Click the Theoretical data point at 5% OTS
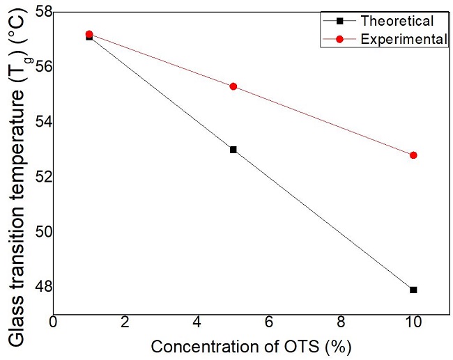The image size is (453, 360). tap(233, 150)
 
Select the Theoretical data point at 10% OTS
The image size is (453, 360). tap(413, 290)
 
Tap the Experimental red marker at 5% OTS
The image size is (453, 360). tap(233, 86)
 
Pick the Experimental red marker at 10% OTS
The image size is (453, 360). tap(413, 155)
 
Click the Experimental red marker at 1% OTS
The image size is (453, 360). tap(89, 34)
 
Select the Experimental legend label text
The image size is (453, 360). tap(404, 40)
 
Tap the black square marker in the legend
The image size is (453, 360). tap(339, 22)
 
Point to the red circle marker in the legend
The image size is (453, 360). tap(339, 40)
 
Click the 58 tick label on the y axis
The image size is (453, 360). tap(39, 12)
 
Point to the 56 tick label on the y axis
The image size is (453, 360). tap(39, 67)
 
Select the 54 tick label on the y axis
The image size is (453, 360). tap(39, 122)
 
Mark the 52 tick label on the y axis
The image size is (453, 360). tap(39, 177)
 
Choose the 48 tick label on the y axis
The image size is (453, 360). tap(39, 286)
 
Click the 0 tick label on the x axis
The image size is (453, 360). tap(54, 323)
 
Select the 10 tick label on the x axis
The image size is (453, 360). tap(413, 323)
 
